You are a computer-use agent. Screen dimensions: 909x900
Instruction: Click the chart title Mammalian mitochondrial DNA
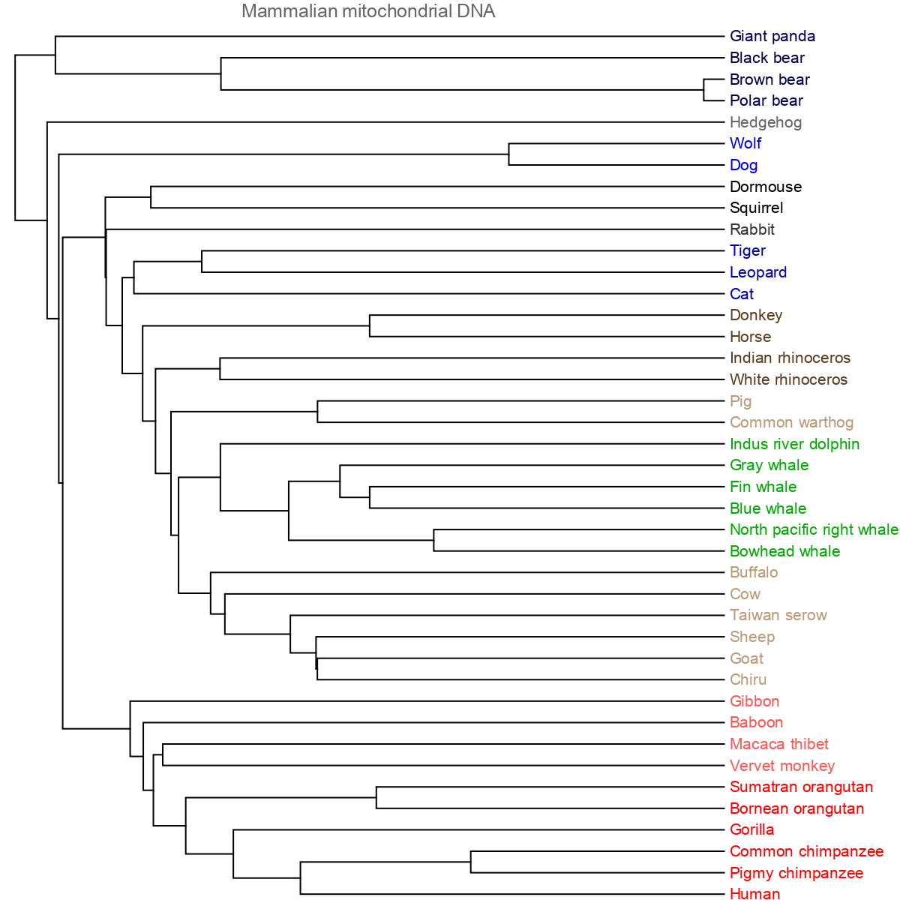tap(368, 11)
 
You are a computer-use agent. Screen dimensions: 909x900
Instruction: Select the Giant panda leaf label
tap(772, 36)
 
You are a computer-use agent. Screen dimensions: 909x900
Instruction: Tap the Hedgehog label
tap(765, 122)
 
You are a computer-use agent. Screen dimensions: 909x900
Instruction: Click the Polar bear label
tap(766, 100)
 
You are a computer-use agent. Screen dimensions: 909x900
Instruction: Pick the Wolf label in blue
tap(745, 143)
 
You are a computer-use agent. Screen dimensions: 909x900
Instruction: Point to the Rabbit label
tap(751, 229)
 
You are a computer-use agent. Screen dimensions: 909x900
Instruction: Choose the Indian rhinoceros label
tap(790, 358)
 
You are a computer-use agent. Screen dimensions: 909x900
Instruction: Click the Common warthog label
tap(791, 422)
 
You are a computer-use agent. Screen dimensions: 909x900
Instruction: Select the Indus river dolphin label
tap(794, 444)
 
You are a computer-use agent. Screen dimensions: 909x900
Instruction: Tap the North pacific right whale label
tap(813, 529)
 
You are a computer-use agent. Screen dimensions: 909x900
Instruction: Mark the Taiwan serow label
tap(778, 615)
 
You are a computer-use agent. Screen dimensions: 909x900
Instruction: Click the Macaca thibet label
tap(778, 744)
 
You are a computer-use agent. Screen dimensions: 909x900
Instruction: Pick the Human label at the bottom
tap(754, 894)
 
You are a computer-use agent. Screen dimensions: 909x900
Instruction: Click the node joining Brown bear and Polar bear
tap(703, 90)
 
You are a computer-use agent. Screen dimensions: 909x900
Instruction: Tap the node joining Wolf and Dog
tap(509, 154)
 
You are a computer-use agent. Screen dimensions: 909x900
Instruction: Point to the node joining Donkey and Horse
tap(370, 325)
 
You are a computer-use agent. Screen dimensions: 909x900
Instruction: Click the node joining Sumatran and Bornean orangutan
tap(376, 797)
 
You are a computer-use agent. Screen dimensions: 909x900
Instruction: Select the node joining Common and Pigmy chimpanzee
tap(471, 862)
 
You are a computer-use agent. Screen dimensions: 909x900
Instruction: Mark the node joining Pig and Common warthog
tap(318, 412)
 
